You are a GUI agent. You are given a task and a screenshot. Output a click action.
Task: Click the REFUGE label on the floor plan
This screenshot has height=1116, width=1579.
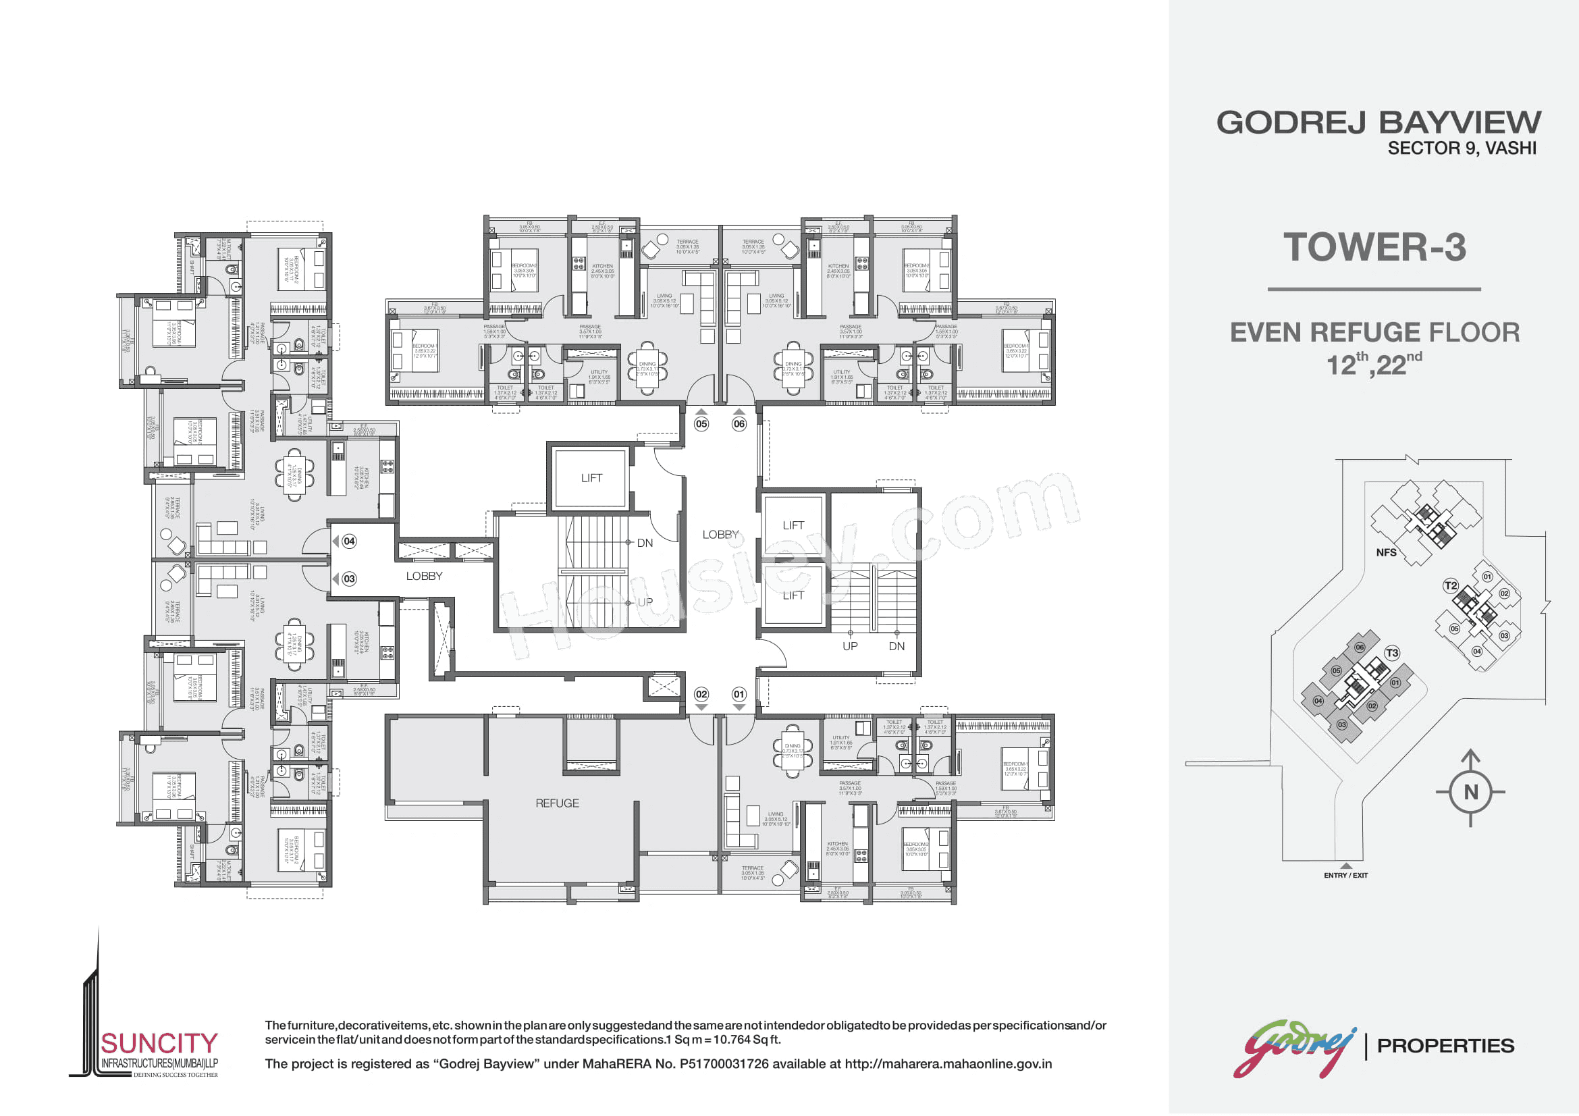(557, 803)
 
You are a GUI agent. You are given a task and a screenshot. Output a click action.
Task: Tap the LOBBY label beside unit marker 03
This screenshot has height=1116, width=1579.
(424, 576)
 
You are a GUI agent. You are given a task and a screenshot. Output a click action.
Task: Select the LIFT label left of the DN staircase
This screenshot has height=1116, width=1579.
(591, 478)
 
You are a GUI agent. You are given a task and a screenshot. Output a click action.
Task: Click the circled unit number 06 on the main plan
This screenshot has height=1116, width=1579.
(739, 424)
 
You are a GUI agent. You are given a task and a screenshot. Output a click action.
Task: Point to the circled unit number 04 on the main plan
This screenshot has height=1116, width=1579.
(350, 541)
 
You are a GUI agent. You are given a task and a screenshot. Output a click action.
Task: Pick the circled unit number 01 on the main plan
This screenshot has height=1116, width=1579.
(739, 694)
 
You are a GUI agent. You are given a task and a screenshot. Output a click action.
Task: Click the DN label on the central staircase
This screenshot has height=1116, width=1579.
(645, 543)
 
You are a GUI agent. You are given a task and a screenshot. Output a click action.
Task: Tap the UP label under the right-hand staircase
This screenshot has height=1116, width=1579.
(850, 646)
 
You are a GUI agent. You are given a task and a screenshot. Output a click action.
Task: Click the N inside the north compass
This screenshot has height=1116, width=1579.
(1471, 792)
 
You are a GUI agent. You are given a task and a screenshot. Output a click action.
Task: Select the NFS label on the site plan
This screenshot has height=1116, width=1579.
(1386, 553)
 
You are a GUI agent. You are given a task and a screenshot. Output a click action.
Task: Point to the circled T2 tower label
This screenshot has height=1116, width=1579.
(1450, 586)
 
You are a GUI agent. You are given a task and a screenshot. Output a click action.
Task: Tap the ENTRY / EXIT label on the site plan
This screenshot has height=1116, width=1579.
(1346, 876)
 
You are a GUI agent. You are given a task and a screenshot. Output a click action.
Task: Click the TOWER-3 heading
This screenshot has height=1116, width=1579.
(1374, 248)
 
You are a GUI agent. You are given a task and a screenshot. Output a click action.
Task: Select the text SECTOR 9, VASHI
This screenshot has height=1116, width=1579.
(1462, 149)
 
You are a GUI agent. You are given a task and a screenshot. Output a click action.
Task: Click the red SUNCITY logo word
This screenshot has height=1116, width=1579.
(159, 1044)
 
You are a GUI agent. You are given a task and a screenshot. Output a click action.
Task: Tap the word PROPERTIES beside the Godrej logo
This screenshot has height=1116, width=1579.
(1445, 1046)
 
